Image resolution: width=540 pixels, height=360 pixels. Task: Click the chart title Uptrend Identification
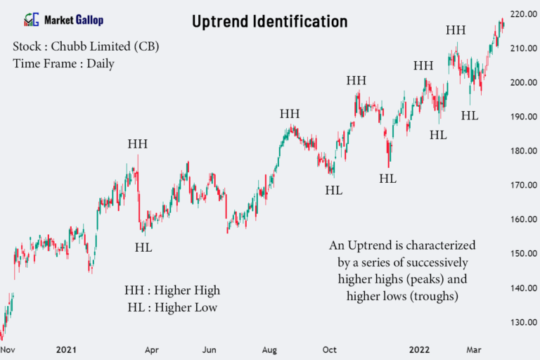270,22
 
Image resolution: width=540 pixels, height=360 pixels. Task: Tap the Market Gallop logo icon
31,20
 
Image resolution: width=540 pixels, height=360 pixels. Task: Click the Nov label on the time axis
8,349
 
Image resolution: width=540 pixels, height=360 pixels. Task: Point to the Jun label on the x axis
210,349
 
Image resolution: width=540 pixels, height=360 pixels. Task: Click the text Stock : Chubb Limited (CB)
86,47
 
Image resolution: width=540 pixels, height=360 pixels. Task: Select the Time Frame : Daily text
63,63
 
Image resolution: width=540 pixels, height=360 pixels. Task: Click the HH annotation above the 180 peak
138,144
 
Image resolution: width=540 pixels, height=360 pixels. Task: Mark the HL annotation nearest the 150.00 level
143,247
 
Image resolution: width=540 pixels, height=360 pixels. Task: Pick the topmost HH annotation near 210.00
456,30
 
